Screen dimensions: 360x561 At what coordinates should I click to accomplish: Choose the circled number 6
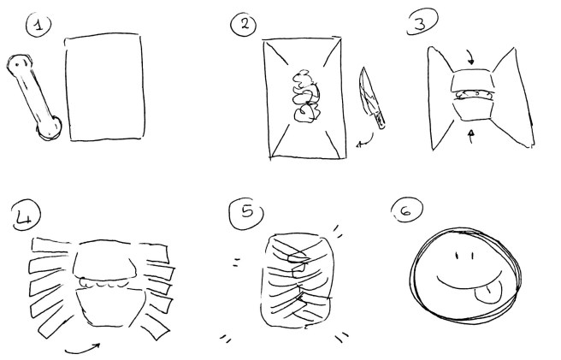coord(399,210)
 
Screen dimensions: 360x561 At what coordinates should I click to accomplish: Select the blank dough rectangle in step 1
coord(106,86)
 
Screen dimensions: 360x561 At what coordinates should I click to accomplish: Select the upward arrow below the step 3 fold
coord(471,133)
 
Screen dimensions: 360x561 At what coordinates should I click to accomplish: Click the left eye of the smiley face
coord(458,255)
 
